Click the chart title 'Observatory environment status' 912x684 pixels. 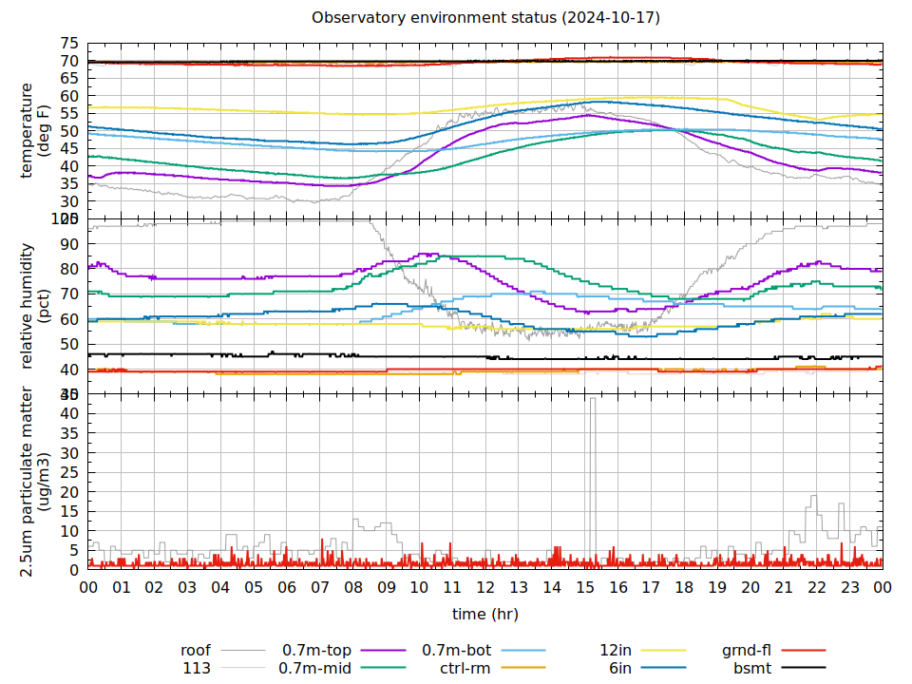tap(485, 18)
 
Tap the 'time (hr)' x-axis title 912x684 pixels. tap(484, 614)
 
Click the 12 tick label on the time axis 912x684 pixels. tap(485, 587)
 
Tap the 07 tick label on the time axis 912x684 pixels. tap(320, 587)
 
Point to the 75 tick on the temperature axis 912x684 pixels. tap(69, 44)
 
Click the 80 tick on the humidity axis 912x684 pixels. tap(69, 269)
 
